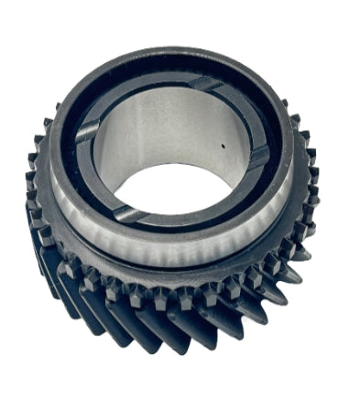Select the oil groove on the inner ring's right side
tap(259, 156)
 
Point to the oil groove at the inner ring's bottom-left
tap(127, 214)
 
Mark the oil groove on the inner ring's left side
tap(87, 133)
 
